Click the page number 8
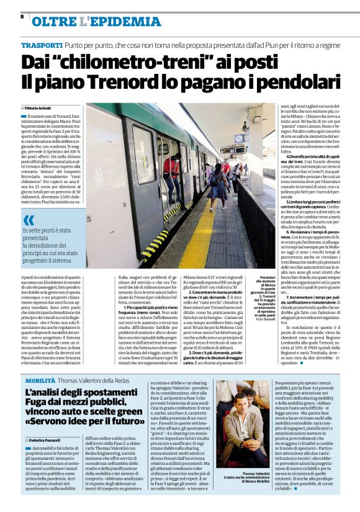(22, 17)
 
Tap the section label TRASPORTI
(42, 46)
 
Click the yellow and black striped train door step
(154, 242)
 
